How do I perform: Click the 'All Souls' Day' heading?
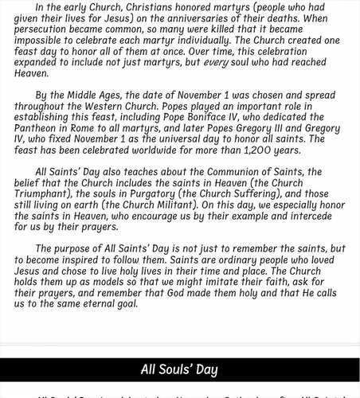[179, 369]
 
